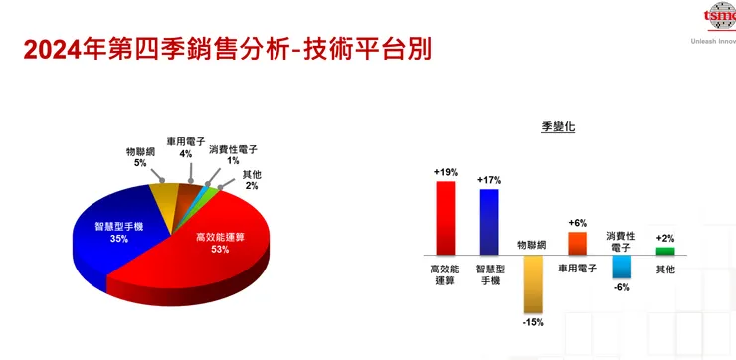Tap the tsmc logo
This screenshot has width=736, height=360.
[718, 17]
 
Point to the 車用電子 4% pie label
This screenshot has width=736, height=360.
[185, 147]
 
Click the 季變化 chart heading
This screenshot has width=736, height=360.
[558, 128]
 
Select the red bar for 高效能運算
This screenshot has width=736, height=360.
[445, 218]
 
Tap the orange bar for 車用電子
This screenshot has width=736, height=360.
[577, 244]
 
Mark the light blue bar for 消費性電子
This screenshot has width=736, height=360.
[621, 267]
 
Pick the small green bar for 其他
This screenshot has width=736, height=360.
[664, 251]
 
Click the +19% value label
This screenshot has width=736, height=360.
[445, 172]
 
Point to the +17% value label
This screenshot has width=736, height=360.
[488, 180]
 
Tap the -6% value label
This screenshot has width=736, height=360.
[621, 287]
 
